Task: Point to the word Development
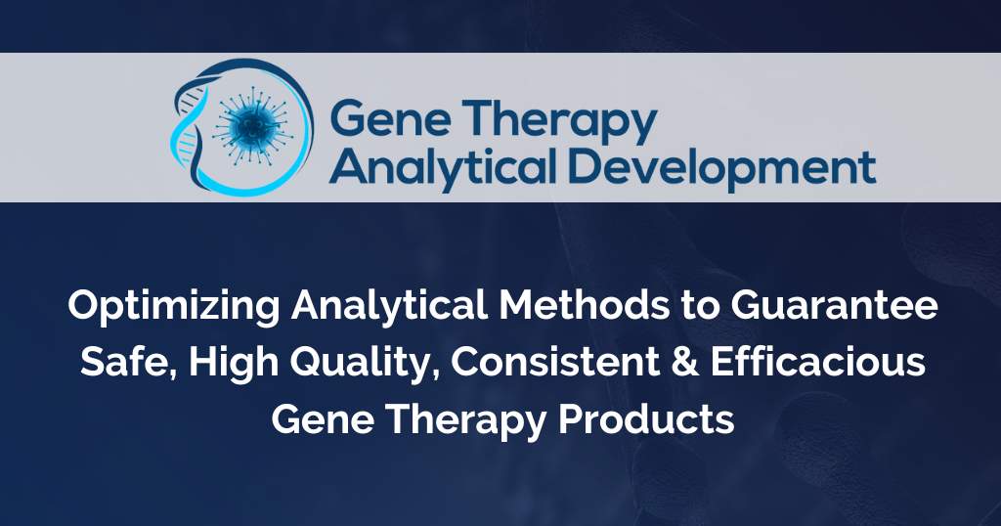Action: [721, 168]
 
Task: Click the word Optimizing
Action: [174, 307]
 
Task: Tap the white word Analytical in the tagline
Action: [389, 305]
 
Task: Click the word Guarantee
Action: [835, 305]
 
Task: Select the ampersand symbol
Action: [685, 362]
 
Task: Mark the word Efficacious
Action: [818, 362]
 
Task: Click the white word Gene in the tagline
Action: [323, 419]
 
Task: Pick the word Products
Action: [646, 419]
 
